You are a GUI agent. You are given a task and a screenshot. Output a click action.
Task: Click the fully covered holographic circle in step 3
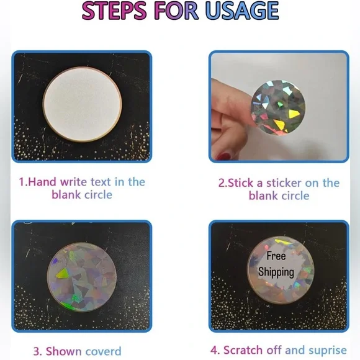tap(82, 279)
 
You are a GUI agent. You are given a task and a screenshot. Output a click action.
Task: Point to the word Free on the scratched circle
tap(276, 256)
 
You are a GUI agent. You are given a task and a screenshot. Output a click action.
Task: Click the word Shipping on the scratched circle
tap(276, 271)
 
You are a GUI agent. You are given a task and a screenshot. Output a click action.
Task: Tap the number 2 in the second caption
tap(221, 182)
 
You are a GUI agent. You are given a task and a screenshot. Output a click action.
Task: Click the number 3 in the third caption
tap(37, 351)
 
